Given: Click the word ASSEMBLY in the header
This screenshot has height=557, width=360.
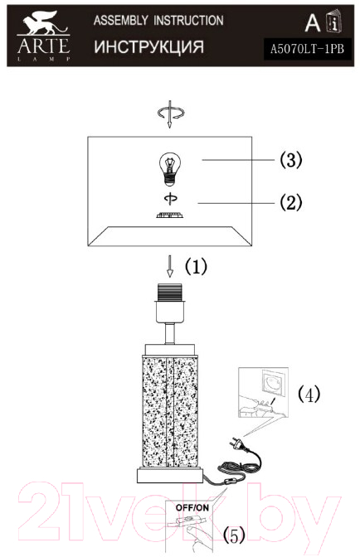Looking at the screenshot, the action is point(121,20).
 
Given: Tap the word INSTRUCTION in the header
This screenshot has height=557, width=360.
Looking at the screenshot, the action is point(188,20).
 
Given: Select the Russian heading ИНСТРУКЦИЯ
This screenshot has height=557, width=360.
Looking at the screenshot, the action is point(149,46).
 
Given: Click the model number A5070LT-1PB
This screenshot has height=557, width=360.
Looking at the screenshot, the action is point(308,49).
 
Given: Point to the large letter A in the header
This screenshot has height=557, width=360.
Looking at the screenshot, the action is point(313,23).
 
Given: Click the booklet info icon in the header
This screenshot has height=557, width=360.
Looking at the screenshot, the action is point(334,22).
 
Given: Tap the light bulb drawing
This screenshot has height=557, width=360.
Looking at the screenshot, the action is point(170,169).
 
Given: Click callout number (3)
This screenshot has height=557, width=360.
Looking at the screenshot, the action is point(291,159).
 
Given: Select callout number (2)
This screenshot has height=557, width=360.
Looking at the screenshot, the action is point(291,203).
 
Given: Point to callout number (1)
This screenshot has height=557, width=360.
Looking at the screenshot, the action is point(196,266).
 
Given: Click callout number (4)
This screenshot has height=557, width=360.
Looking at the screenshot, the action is point(309,394).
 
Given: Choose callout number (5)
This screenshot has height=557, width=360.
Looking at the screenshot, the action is point(234,535).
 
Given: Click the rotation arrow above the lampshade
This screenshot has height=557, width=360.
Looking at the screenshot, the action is point(171,114).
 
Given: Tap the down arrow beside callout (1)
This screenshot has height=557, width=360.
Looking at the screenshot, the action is point(170,266).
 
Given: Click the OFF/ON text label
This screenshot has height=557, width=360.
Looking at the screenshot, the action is point(192,507).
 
